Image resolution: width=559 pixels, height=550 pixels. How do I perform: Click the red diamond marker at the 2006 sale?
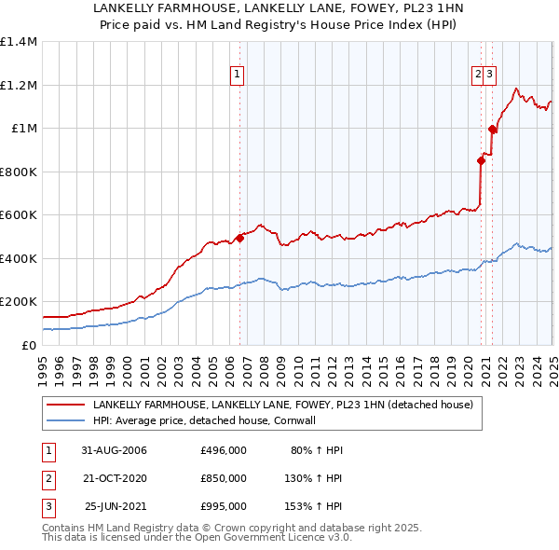click(x=239, y=238)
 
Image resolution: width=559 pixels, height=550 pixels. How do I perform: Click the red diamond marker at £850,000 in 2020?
click(x=482, y=160)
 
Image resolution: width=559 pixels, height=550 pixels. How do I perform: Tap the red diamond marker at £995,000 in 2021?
click(x=492, y=129)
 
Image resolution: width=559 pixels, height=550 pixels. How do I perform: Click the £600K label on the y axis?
click(x=19, y=214)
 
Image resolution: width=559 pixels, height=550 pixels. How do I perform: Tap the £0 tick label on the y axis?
click(x=29, y=345)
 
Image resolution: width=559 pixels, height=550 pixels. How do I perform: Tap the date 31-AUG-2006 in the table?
click(x=114, y=450)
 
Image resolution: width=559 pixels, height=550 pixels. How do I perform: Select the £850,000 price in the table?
click(x=224, y=478)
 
